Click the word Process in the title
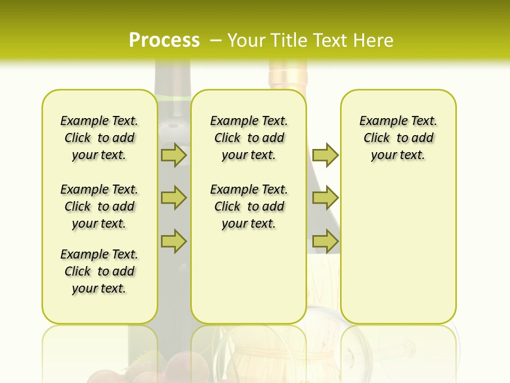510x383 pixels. [x=164, y=40]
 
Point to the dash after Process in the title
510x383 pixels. [x=216, y=41]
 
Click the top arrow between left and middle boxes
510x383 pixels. [x=174, y=155]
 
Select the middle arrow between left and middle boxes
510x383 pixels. [x=174, y=198]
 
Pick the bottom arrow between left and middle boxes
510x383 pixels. [x=174, y=241]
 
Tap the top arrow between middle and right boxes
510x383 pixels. [x=325, y=155]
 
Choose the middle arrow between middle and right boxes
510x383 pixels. [x=325, y=198]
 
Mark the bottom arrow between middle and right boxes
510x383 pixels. [x=325, y=241]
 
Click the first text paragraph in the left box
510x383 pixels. [x=99, y=138]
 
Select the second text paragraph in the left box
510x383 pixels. [x=99, y=206]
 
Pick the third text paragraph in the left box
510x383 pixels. [x=99, y=271]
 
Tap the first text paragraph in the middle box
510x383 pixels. [x=249, y=138]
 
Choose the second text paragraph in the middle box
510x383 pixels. [x=249, y=206]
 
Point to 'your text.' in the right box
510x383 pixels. [x=398, y=155]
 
